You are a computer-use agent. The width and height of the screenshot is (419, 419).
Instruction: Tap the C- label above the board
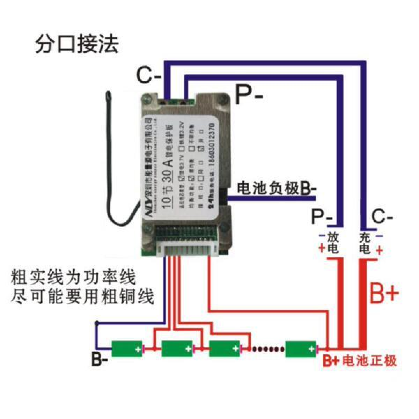click(x=148, y=76)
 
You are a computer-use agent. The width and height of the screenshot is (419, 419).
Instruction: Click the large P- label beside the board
click(x=249, y=95)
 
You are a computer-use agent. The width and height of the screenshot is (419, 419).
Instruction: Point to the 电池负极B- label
click(x=277, y=189)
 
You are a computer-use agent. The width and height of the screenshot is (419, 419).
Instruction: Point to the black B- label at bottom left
click(x=100, y=360)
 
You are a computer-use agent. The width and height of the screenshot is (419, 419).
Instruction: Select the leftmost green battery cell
click(x=127, y=348)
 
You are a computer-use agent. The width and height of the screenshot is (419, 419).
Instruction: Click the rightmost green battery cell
click(x=301, y=349)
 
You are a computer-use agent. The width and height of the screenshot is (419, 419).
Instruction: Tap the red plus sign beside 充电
click(x=379, y=250)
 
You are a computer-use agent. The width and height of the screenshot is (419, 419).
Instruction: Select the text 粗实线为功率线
click(x=73, y=278)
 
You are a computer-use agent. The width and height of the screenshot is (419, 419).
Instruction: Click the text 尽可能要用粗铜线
click(x=83, y=297)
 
